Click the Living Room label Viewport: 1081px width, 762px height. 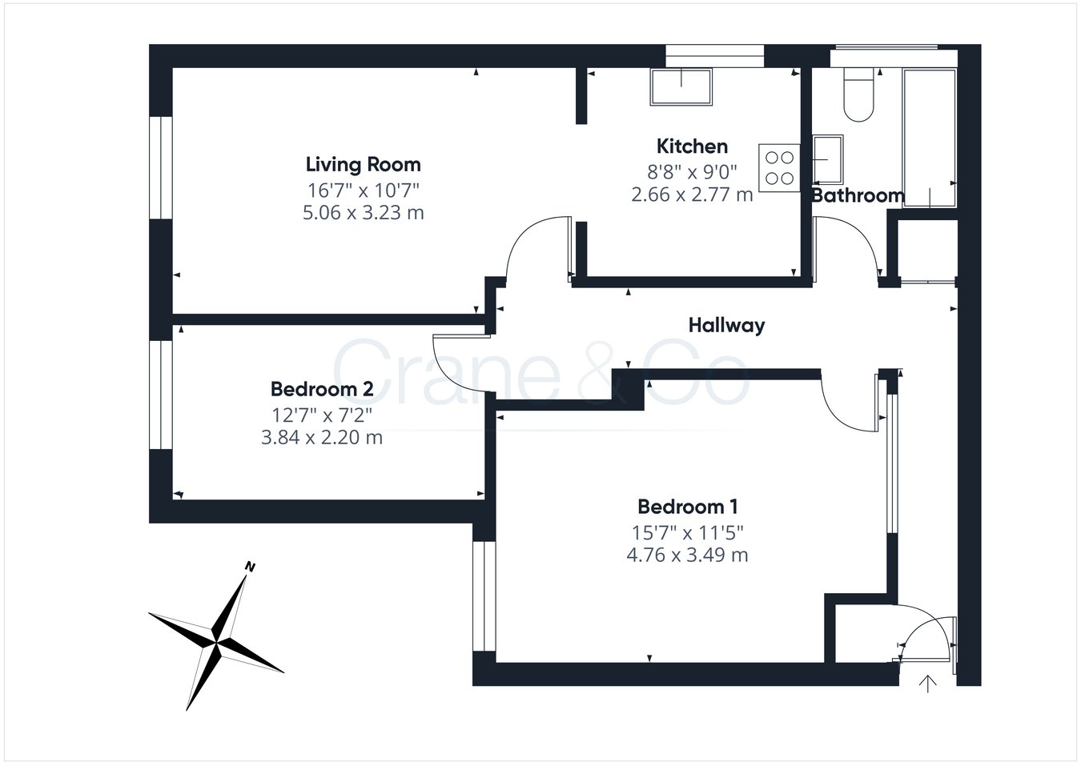coord(363,165)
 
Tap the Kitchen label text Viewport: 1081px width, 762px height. coord(692,146)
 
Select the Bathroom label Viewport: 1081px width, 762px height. coord(858,195)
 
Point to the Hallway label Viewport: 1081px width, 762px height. coord(726,325)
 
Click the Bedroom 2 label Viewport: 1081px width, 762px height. coord(322,390)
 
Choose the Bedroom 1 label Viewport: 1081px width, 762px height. coord(687,507)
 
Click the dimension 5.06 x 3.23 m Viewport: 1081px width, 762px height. coord(363,213)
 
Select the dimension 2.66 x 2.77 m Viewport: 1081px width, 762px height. coord(692,195)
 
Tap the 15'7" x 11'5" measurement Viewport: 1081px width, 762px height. coord(687,531)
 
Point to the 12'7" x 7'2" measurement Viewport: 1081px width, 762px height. coord(322,415)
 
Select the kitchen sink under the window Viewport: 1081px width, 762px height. coord(681,86)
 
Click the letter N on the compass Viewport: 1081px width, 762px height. coord(250,567)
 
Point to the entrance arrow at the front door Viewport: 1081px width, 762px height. coord(928,684)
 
